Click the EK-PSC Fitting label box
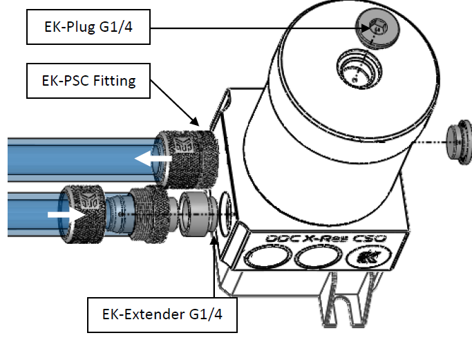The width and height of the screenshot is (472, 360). point(88,81)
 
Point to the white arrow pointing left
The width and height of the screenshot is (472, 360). point(153,160)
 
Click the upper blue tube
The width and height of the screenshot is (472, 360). point(76,160)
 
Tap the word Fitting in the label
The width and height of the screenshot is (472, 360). point(114,81)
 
